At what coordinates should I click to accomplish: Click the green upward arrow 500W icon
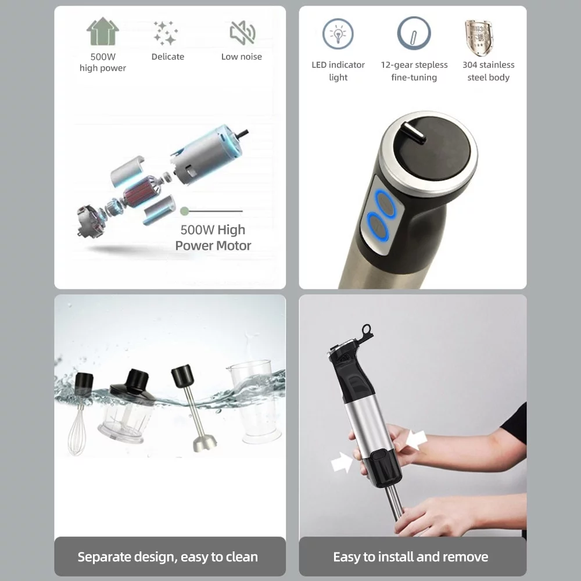pos(103,31)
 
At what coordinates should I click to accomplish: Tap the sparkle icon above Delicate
pos(166,33)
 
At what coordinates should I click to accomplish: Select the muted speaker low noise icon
pos(242,33)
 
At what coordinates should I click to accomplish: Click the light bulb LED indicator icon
pos(338,34)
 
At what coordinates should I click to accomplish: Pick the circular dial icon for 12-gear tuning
pos(414,33)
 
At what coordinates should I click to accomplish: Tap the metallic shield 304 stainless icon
pos(479,38)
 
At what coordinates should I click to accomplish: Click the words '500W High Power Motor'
pos(213,238)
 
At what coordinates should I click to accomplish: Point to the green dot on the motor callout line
pos(184,211)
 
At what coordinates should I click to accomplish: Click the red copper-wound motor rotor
pos(135,194)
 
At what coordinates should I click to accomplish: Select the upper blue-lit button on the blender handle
pos(386,203)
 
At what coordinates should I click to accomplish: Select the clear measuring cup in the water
pos(255,402)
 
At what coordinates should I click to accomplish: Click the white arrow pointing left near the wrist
pos(417,439)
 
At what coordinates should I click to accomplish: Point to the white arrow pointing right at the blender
pos(342,462)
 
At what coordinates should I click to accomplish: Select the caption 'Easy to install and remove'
pos(411,557)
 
